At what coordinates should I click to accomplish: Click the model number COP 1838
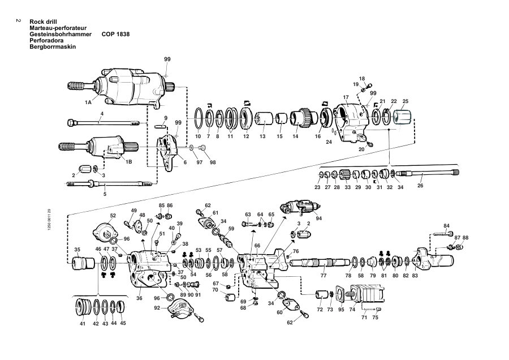(x=115, y=34)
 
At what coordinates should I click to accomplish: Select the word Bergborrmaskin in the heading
(x=53, y=46)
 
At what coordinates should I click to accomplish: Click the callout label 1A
(x=88, y=102)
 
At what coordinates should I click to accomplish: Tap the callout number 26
(x=420, y=186)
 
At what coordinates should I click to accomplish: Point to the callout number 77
(x=323, y=276)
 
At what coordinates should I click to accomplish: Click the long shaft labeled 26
(x=428, y=173)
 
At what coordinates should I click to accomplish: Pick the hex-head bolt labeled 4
(x=103, y=123)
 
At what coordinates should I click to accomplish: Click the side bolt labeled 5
(x=109, y=184)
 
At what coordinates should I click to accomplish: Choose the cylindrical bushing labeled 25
(x=402, y=117)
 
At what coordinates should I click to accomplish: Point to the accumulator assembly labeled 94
(x=301, y=207)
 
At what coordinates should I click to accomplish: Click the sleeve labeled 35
(x=83, y=263)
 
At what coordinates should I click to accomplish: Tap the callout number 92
(x=157, y=308)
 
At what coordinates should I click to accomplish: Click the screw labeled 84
(x=443, y=234)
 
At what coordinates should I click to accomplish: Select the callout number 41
(x=83, y=323)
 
